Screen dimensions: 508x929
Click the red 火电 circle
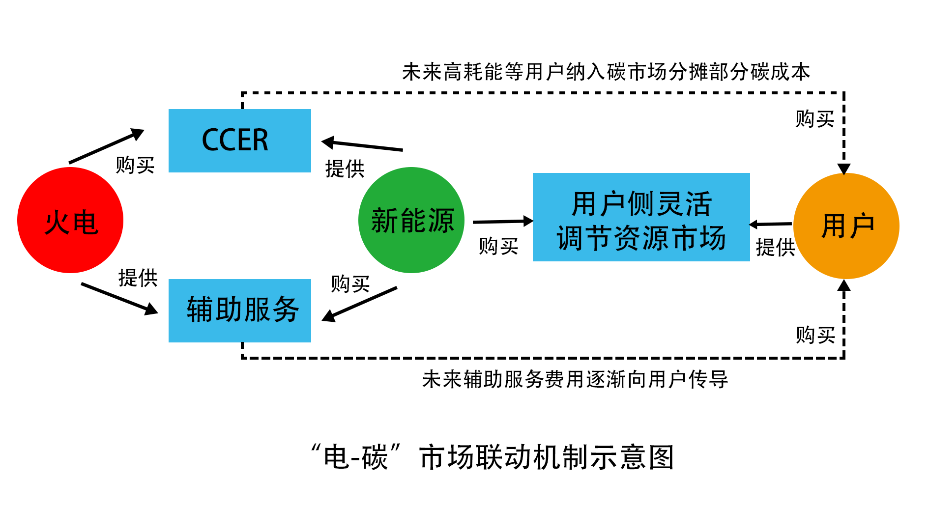coord(70,220)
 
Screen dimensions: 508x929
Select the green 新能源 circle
coord(411,220)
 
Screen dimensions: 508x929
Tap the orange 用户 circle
coord(846,226)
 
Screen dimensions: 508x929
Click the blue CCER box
coord(239,141)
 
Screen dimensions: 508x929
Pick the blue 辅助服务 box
coord(239,310)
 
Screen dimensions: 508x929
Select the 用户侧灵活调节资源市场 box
coord(641,217)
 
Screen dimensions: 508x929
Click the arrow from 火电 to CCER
coord(106,146)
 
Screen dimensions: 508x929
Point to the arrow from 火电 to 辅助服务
coord(119,298)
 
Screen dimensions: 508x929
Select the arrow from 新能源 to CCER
coord(362,145)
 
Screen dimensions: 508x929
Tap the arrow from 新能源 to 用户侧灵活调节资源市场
coord(502,222)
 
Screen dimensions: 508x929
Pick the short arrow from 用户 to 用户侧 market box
coord(771,225)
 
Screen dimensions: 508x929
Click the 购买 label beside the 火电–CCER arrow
coord(135,165)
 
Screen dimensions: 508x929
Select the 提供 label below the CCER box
coord(345,169)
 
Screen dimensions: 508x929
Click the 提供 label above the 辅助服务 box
coord(138,278)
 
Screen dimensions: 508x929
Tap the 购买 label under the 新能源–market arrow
coord(498,246)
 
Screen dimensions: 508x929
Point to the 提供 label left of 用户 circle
coord(775,247)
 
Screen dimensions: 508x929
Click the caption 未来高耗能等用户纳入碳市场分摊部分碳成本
coord(606,72)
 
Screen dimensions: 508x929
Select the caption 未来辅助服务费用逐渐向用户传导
coord(575,379)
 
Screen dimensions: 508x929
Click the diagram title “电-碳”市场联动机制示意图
coord(493,457)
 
